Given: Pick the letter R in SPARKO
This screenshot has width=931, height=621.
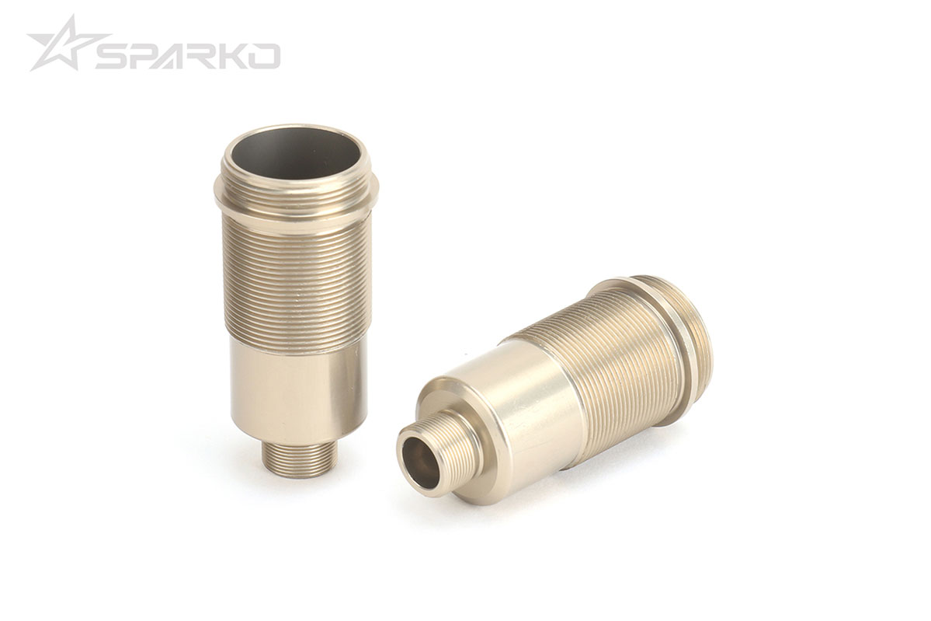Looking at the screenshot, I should point(207,56).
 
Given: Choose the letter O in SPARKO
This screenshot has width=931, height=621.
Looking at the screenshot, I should point(266,56).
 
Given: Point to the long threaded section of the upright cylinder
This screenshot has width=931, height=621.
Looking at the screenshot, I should point(295,272).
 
